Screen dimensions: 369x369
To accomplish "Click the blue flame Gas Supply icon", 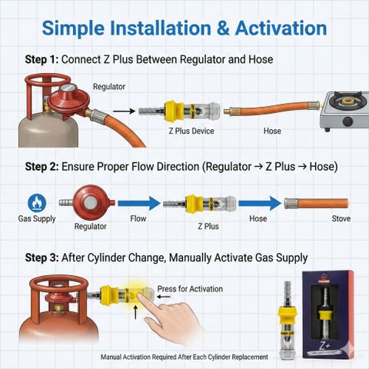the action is (x=37, y=203).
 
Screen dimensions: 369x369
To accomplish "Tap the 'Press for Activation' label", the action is (x=190, y=289).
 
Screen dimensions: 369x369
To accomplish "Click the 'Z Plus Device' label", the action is (x=191, y=131).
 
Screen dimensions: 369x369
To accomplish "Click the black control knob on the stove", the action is (x=347, y=121).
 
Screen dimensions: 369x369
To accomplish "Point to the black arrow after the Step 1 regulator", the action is (x=124, y=111).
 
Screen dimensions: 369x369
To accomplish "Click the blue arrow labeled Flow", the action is (x=139, y=203).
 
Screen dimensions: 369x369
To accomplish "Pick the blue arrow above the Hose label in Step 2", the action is (x=260, y=203).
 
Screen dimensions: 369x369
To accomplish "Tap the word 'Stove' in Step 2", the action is (x=341, y=218).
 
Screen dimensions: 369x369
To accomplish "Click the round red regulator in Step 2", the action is (x=91, y=203).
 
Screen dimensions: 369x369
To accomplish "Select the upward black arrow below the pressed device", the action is (x=135, y=312).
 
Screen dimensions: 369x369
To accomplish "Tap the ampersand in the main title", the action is (x=223, y=28).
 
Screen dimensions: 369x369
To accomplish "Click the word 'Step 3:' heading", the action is (x=42, y=258).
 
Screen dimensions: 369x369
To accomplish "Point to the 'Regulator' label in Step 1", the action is (x=109, y=87).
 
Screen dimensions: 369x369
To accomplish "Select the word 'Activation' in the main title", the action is (x=281, y=28).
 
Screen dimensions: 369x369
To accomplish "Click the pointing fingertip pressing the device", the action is (x=141, y=298).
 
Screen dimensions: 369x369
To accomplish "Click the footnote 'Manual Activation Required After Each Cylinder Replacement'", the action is (x=184, y=357).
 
